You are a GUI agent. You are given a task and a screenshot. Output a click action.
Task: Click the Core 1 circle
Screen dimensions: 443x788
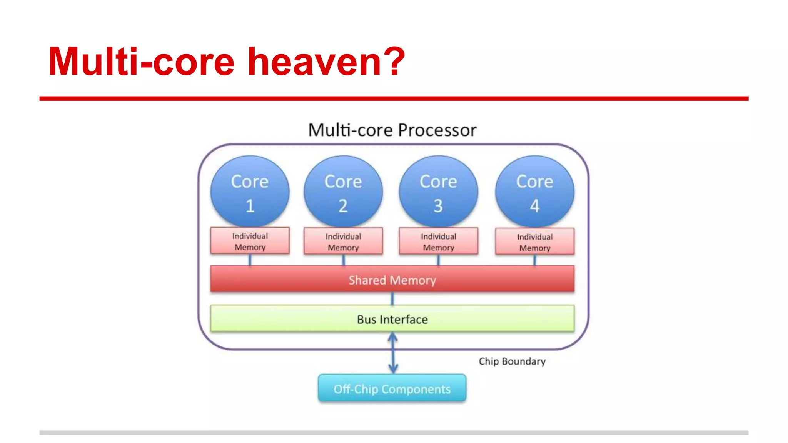tap(250, 191)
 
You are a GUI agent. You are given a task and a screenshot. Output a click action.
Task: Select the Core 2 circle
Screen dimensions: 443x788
tap(343, 191)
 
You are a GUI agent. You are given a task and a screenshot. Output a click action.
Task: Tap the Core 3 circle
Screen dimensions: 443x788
tap(438, 191)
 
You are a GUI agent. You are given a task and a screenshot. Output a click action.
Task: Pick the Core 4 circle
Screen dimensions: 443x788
tap(534, 191)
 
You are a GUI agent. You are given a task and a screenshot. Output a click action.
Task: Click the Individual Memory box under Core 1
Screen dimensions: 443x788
tap(250, 241)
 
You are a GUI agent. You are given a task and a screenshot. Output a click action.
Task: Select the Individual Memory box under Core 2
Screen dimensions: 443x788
tap(343, 241)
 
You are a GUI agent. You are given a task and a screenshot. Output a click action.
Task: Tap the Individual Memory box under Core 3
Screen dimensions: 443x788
tap(438, 241)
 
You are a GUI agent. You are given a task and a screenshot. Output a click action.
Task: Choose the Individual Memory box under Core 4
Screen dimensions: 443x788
tap(534, 242)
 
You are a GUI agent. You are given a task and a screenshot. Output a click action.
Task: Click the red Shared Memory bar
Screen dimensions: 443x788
tap(392, 280)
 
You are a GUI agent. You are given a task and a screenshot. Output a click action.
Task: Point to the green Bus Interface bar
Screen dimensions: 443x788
tap(392, 319)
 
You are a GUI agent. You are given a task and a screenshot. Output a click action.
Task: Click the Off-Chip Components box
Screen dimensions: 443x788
tap(392, 388)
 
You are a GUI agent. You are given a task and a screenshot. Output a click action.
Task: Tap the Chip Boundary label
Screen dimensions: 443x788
tap(512, 361)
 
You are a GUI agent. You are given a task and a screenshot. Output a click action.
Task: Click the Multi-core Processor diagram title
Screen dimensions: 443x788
tap(392, 130)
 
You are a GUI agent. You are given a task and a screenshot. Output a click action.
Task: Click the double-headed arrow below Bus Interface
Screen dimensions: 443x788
tap(392, 353)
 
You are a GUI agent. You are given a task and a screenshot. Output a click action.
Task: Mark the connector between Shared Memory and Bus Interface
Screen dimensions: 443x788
tap(392, 298)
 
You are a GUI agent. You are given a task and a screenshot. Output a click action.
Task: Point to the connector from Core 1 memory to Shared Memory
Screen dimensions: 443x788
tap(250, 260)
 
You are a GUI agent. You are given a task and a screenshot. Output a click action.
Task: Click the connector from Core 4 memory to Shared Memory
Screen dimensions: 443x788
tap(534, 260)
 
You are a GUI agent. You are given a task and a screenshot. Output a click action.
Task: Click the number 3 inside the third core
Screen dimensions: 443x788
tap(438, 206)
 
